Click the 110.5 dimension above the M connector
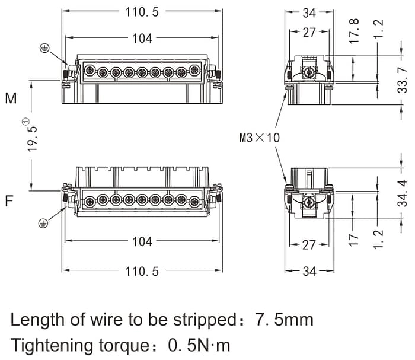coord(142,12)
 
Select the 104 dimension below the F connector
coord(142,241)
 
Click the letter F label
coord(9,200)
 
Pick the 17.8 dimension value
coord(355,30)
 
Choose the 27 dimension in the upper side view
coord(309,33)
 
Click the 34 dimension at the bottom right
coord(309,271)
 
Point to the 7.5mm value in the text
coord(284,320)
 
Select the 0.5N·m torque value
coord(199,345)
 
